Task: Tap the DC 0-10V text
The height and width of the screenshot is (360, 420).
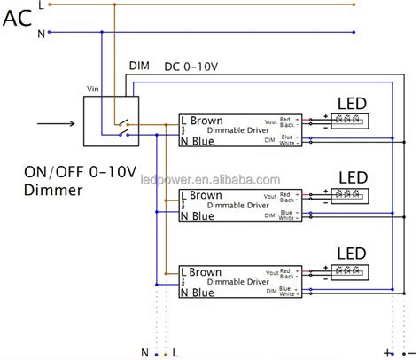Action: point(192,66)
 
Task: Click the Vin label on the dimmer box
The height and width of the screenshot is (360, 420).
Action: point(90,90)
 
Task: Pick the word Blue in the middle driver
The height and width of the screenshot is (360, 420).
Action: point(203,215)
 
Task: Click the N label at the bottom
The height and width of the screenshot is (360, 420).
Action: point(144,352)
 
